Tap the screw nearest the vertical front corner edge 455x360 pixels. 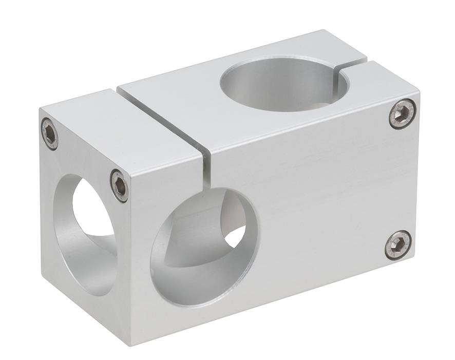coord(119,185)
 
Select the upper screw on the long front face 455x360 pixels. coord(402,113)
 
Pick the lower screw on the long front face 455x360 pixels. coord(398,244)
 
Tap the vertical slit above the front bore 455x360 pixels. coord(206,169)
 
